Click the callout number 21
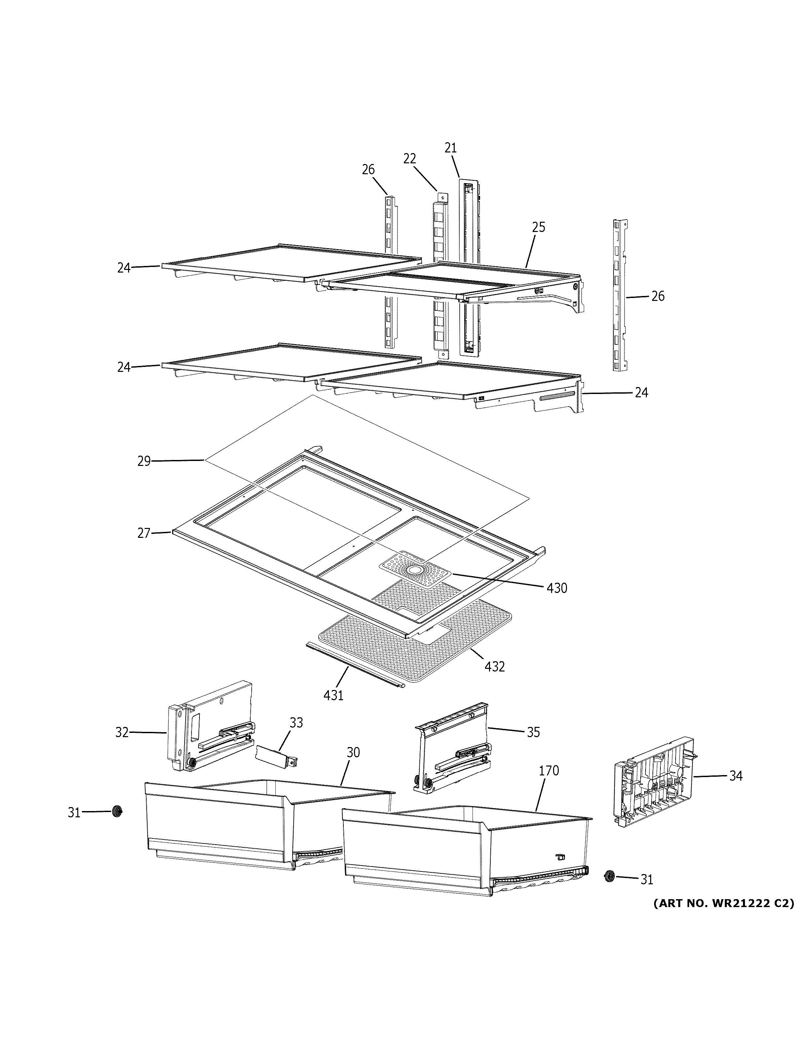click(x=450, y=148)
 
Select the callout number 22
click(x=409, y=158)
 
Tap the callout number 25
click(x=539, y=227)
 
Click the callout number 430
click(x=557, y=588)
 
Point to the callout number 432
click(x=495, y=667)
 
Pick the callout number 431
click(x=333, y=695)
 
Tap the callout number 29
click(x=144, y=461)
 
